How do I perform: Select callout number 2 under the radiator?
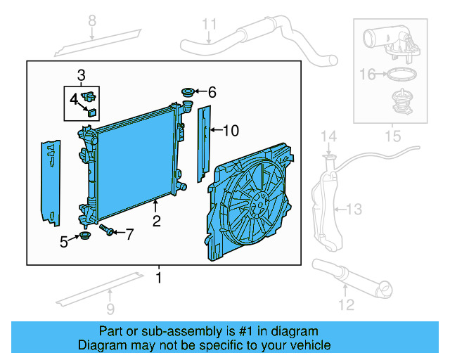tap(156, 221)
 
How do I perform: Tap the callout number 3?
tap(82, 75)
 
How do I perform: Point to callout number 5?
tap(64, 242)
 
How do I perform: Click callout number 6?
tap(212, 92)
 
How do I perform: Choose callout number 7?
tap(129, 233)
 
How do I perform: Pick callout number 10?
tap(232, 130)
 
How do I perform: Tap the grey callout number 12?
tap(345, 304)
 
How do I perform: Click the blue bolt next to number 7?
tap(108, 230)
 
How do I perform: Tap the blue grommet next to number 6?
tap(187, 91)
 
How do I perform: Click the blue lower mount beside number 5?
tap(86, 236)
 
